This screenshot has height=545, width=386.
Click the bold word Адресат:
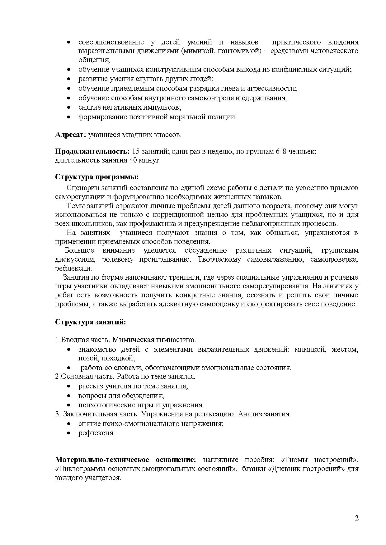(x=70, y=135)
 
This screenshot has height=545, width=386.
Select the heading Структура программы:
(x=97, y=177)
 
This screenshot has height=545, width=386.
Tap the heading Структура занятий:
(x=91, y=322)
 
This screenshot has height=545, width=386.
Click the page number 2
(x=357, y=518)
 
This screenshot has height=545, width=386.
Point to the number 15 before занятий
(x=136, y=152)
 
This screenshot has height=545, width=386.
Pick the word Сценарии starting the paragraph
(x=81, y=188)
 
